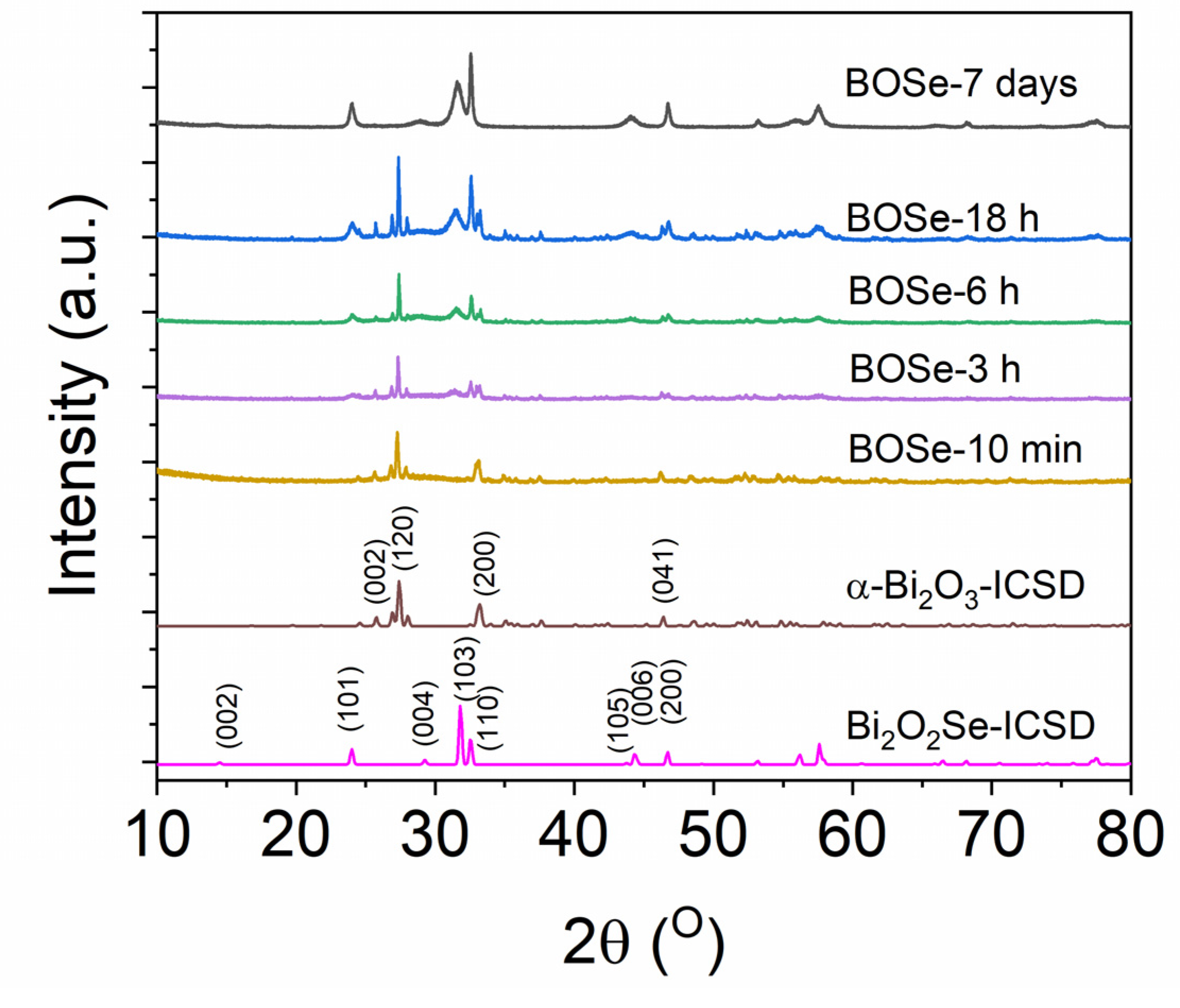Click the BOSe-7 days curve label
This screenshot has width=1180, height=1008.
click(961, 84)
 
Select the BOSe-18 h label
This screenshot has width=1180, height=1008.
click(943, 218)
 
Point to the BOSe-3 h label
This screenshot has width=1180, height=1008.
click(935, 369)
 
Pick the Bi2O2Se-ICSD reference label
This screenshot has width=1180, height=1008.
click(970, 727)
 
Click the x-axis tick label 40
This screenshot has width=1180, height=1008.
click(573, 836)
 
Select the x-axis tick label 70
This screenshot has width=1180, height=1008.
click(991, 836)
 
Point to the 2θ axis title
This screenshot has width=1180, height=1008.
click(643, 940)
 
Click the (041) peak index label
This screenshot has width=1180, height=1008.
click(664, 570)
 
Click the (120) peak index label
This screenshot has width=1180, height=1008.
click(406, 539)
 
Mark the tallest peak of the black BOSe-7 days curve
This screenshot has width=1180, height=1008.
click(470, 55)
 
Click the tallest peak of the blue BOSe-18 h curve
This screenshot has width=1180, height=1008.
click(399, 158)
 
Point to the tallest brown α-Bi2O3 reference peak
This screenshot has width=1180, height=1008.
click(399, 583)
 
